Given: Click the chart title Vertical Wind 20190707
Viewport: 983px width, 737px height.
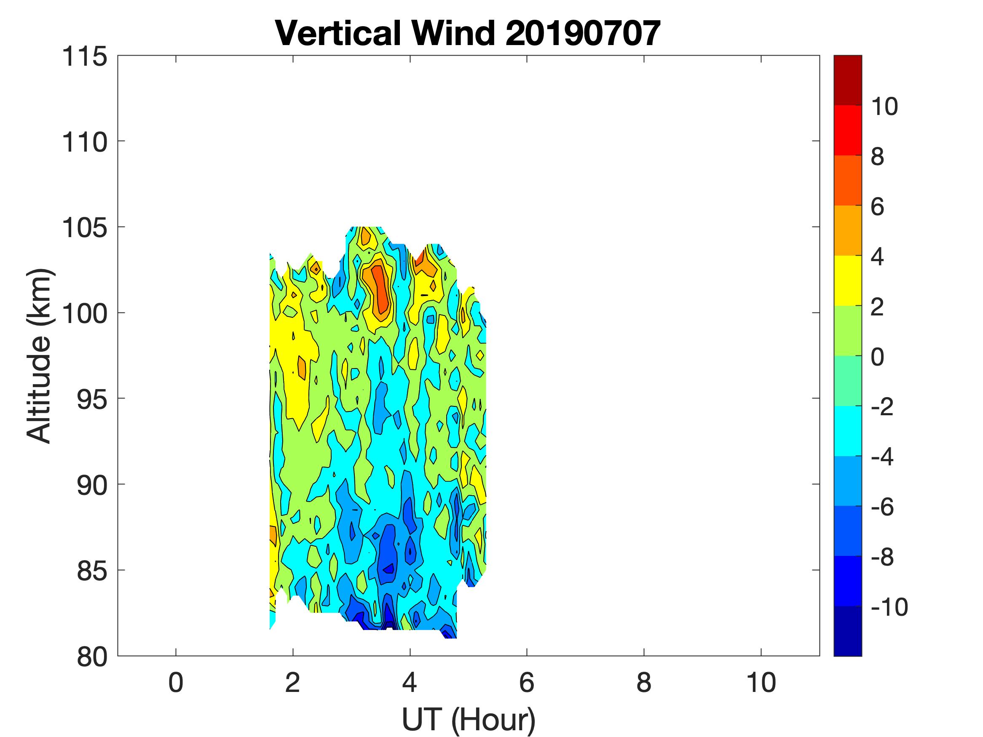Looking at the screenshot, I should [x=468, y=34].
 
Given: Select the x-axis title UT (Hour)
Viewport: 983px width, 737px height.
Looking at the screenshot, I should [x=469, y=719].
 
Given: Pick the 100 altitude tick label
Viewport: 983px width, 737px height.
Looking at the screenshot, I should [x=84, y=314].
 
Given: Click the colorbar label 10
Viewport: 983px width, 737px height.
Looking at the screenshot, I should [x=884, y=107].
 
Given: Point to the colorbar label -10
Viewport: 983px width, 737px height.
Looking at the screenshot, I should [x=889, y=607].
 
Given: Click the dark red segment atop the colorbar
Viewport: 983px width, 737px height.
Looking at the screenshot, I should [x=847, y=80].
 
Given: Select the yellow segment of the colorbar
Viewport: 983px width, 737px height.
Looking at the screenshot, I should [x=847, y=280].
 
